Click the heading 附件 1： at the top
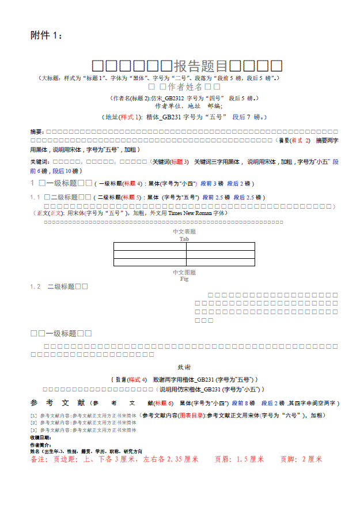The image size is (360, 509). click(x=46, y=36)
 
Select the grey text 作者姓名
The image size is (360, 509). click(x=185, y=87)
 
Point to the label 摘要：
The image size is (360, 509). click(x=37, y=133)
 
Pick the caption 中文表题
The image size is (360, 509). click(x=184, y=232)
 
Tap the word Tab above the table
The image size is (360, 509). click(x=184, y=239)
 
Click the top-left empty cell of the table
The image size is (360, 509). click(x=149, y=246)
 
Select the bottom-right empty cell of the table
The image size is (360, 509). click(x=220, y=262)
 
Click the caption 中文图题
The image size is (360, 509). click(x=184, y=272)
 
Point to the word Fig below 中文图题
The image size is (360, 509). click(x=184, y=278)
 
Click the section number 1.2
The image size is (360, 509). click(x=35, y=286)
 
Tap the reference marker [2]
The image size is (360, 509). click(x=33, y=423)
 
